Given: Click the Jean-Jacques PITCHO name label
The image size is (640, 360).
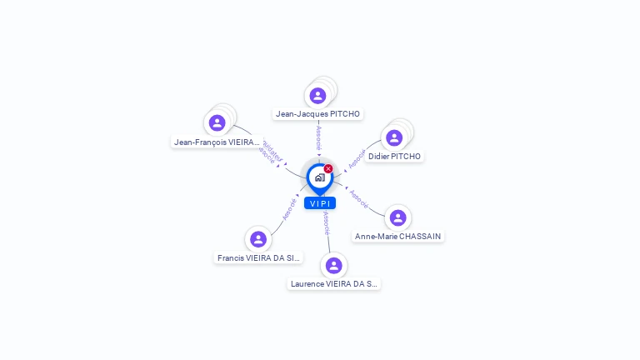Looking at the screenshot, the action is point(317,113).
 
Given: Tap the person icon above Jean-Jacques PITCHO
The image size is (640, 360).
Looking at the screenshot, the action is point(317,96).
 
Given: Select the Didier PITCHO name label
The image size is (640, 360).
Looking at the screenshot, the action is point(394,156).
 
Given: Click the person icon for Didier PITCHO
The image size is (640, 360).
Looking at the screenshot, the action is point(394,137).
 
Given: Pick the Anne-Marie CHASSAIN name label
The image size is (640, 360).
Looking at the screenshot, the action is point(397,236).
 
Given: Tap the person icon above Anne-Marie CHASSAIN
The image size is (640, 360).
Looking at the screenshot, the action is point(397,217).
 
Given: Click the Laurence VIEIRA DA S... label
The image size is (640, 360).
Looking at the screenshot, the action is point(333,283).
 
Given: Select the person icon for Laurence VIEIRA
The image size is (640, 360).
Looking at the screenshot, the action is point(333,265).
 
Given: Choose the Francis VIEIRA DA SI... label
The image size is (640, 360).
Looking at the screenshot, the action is point(258,257).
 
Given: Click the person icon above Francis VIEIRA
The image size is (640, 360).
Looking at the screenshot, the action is point(258,239).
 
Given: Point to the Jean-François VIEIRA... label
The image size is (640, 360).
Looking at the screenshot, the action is point(217,142).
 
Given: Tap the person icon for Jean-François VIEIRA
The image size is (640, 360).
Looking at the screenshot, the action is point(217,123).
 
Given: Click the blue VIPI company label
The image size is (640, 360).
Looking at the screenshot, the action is point(320,203).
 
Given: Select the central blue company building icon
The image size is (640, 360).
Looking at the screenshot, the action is point(319,177).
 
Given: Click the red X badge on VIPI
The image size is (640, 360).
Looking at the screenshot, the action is point(328,169).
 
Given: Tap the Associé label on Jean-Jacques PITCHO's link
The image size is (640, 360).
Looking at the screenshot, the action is point(318,137).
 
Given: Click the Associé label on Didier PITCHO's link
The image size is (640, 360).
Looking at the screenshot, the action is point(357,158).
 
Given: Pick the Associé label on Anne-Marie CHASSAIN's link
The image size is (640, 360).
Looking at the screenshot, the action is point(359,197).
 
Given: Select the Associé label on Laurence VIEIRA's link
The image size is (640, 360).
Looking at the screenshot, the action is point(326,223).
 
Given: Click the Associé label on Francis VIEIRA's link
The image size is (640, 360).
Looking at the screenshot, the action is point(289,207).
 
